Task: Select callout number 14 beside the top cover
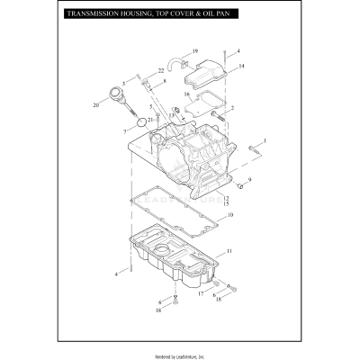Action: point(242,67)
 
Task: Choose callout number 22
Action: point(161,70)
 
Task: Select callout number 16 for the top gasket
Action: point(187,93)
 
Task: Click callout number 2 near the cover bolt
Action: point(233,108)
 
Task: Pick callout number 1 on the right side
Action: point(265,141)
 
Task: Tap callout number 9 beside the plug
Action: point(249,180)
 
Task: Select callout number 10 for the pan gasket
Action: point(229,216)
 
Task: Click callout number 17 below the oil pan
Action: point(201,293)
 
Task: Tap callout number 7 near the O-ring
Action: point(126,130)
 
